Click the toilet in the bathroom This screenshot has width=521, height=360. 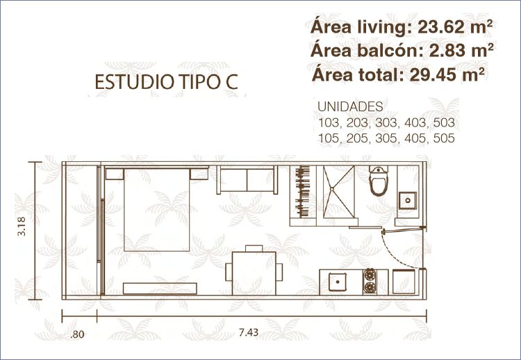pos(379,181)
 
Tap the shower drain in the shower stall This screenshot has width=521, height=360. pos(331,189)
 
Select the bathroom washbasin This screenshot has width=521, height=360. pos(408,200)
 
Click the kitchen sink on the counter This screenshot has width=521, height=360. pos(338,282)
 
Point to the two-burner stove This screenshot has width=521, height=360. pos(370,281)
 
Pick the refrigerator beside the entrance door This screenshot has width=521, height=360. pos(404,282)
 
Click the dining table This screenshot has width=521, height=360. pos(254,273)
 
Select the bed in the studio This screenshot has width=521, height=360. pos(156,209)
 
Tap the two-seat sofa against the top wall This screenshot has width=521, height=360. pos(247,180)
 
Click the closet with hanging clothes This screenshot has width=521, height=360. pos(303,192)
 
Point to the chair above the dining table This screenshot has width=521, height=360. pos(254,248)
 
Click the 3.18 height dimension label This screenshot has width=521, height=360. pos(22,226)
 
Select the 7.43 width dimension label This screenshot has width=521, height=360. pos(249,332)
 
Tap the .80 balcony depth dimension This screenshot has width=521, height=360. pos(77,334)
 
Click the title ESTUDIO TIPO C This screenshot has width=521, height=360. pos(167,82)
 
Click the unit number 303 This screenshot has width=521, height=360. pos(386,123)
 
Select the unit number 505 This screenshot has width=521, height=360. pos(444,138)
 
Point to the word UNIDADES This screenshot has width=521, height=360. pos(350,107)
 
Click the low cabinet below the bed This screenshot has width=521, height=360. pos(160,288)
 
